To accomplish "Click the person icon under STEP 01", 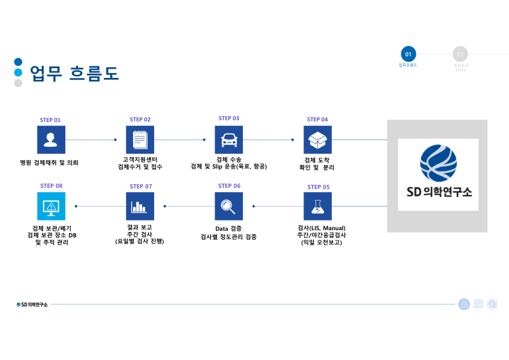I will pyautogui.click(x=51, y=140).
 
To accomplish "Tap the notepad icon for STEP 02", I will pyautogui.click(x=140, y=140).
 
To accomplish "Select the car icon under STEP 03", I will pyautogui.click(x=229, y=140).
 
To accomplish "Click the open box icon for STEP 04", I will pyautogui.click(x=317, y=140).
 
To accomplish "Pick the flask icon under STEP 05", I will pyautogui.click(x=317, y=206).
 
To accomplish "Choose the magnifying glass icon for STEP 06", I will pyautogui.click(x=229, y=206).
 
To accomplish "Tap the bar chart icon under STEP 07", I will pyautogui.click(x=140, y=206).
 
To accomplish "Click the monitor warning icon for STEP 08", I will pyautogui.click(x=51, y=206).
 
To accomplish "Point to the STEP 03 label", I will pyautogui.click(x=229, y=118).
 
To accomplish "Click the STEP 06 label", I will pyautogui.click(x=229, y=186).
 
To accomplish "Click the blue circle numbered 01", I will pyautogui.click(x=409, y=54).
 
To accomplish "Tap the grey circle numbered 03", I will pyautogui.click(x=460, y=54).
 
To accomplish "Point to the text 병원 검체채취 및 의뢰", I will pyautogui.click(x=50, y=162).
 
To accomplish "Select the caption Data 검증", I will pyautogui.click(x=228, y=229).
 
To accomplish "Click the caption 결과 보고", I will pyautogui.click(x=140, y=227).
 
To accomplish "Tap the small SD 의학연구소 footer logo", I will pyautogui.click(x=32, y=304).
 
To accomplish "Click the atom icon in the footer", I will pyautogui.click(x=492, y=304).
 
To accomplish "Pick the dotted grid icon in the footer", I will pyautogui.click(x=478, y=304).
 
